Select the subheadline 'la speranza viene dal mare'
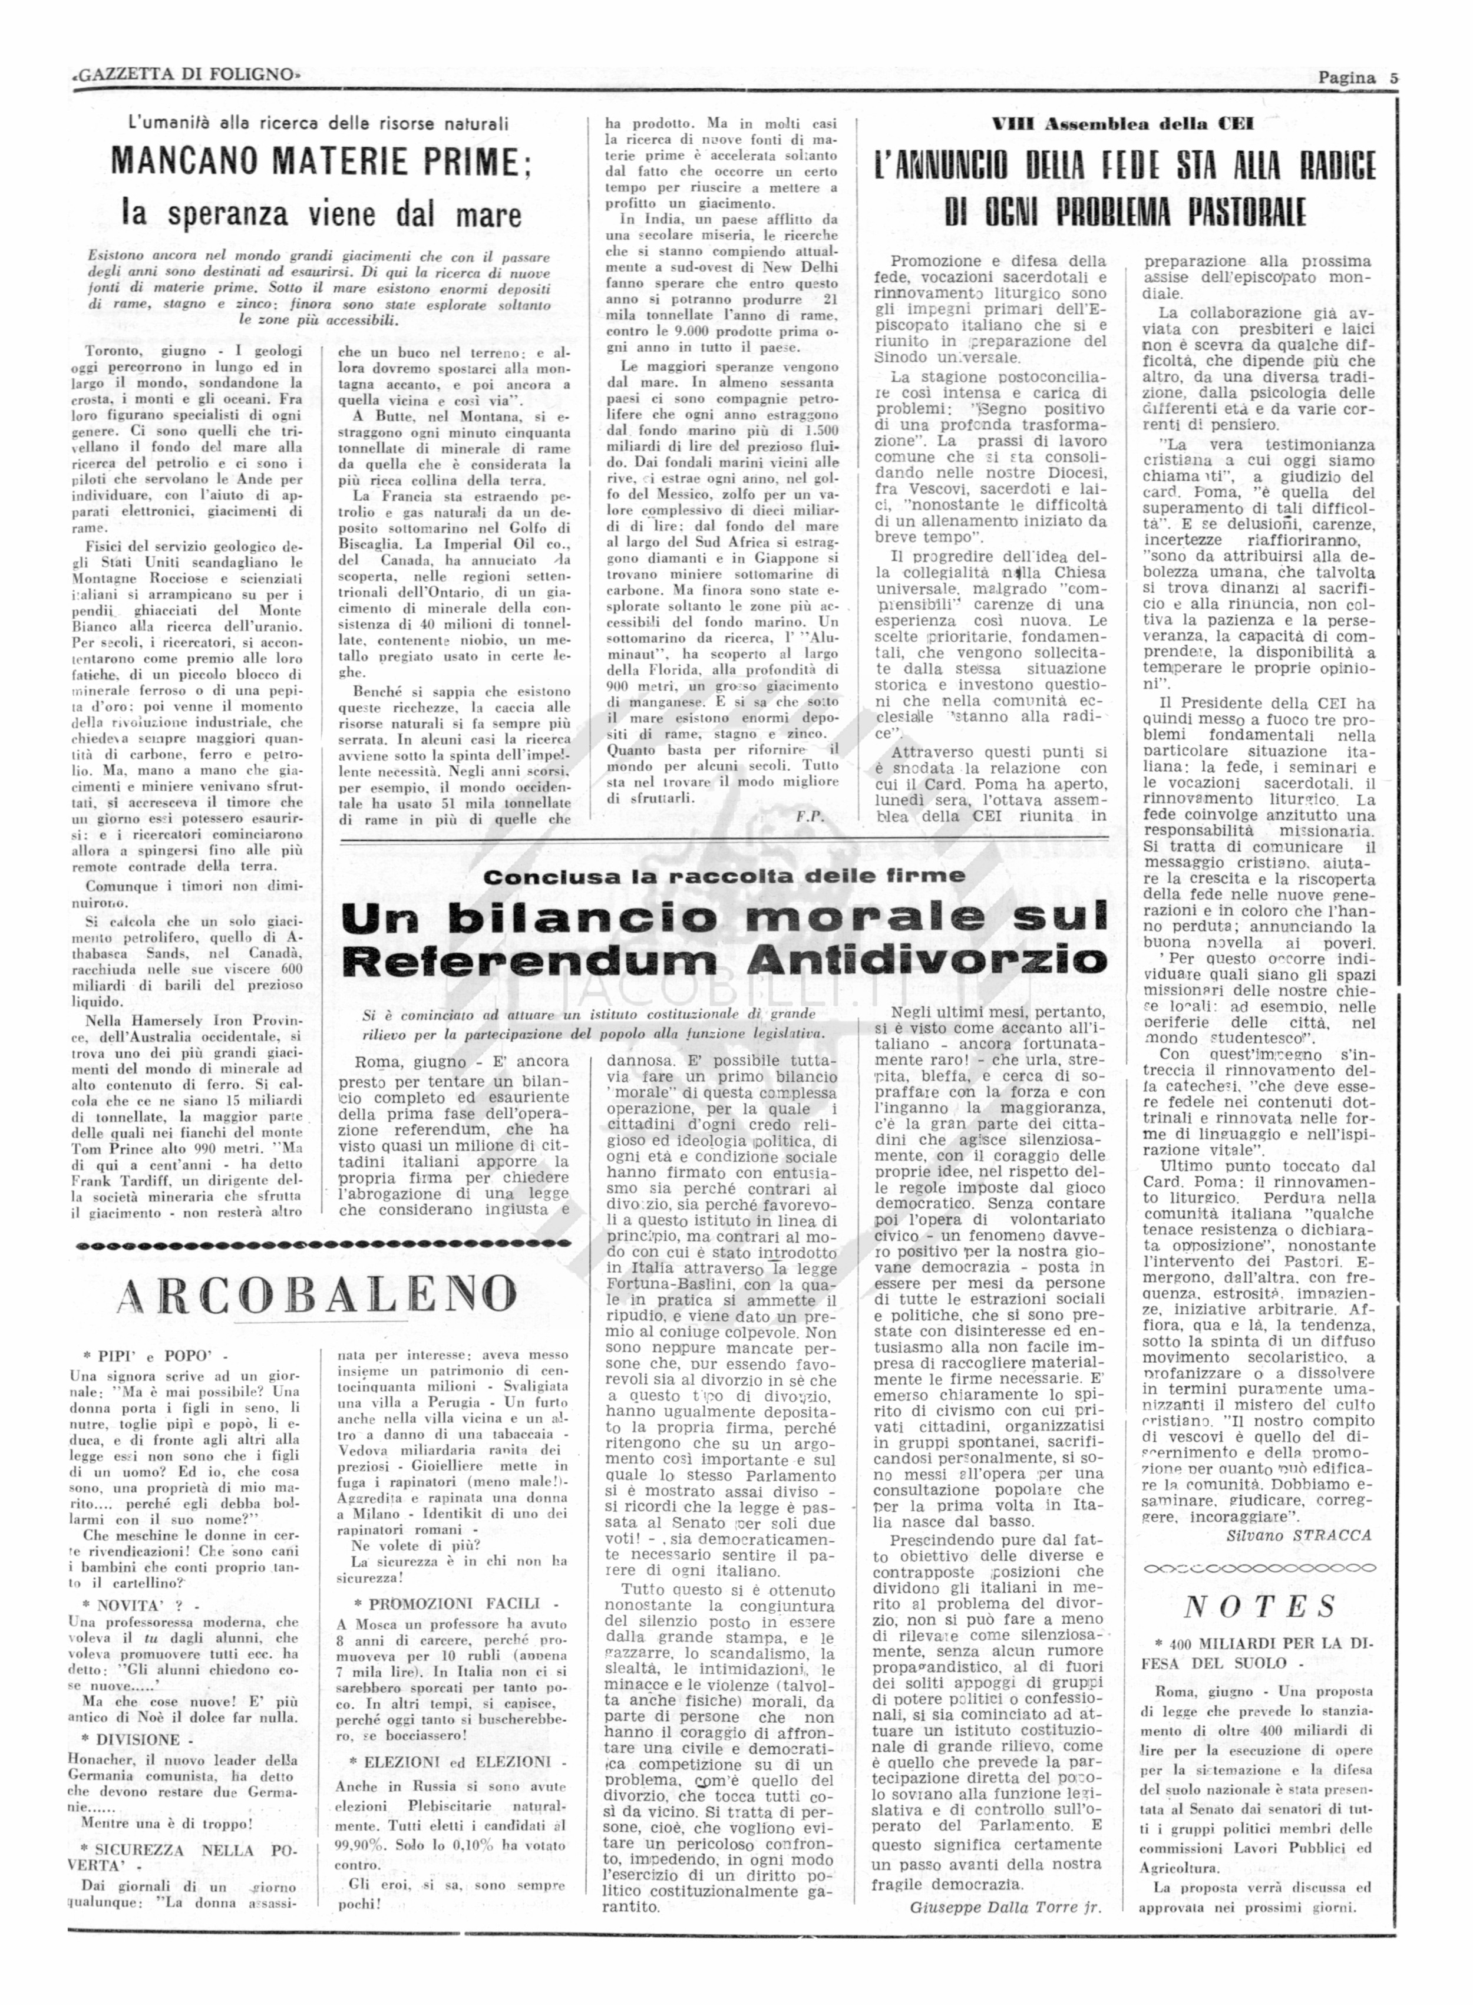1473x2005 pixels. [x=321, y=214]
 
